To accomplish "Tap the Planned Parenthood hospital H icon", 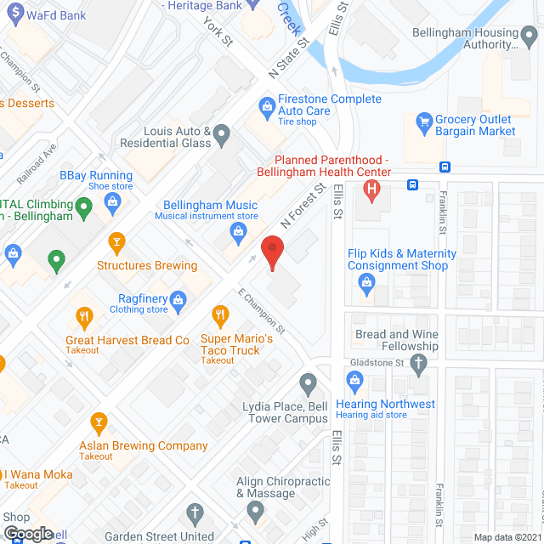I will pyautogui.click(x=371, y=190).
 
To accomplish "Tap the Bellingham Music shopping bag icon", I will pyautogui.click(x=240, y=230).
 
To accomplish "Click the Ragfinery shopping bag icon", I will pyautogui.click(x=178, y=298).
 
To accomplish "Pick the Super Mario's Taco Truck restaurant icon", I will pyautogui.click(x=221, y=317).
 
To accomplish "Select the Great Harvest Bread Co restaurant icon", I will pyautogui.click(x=84, y=319).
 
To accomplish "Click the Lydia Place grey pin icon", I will pyautogui.click(x=308, y=383).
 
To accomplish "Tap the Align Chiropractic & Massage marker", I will pyautogui.click(x=255, y=513).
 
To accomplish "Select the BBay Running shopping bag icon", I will pyautogui.click(x=111, y=201).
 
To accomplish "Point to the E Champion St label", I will pyautogui.click(x=261, y=315).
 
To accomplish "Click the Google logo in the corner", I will pyautogui.click(x=28, y=533).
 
